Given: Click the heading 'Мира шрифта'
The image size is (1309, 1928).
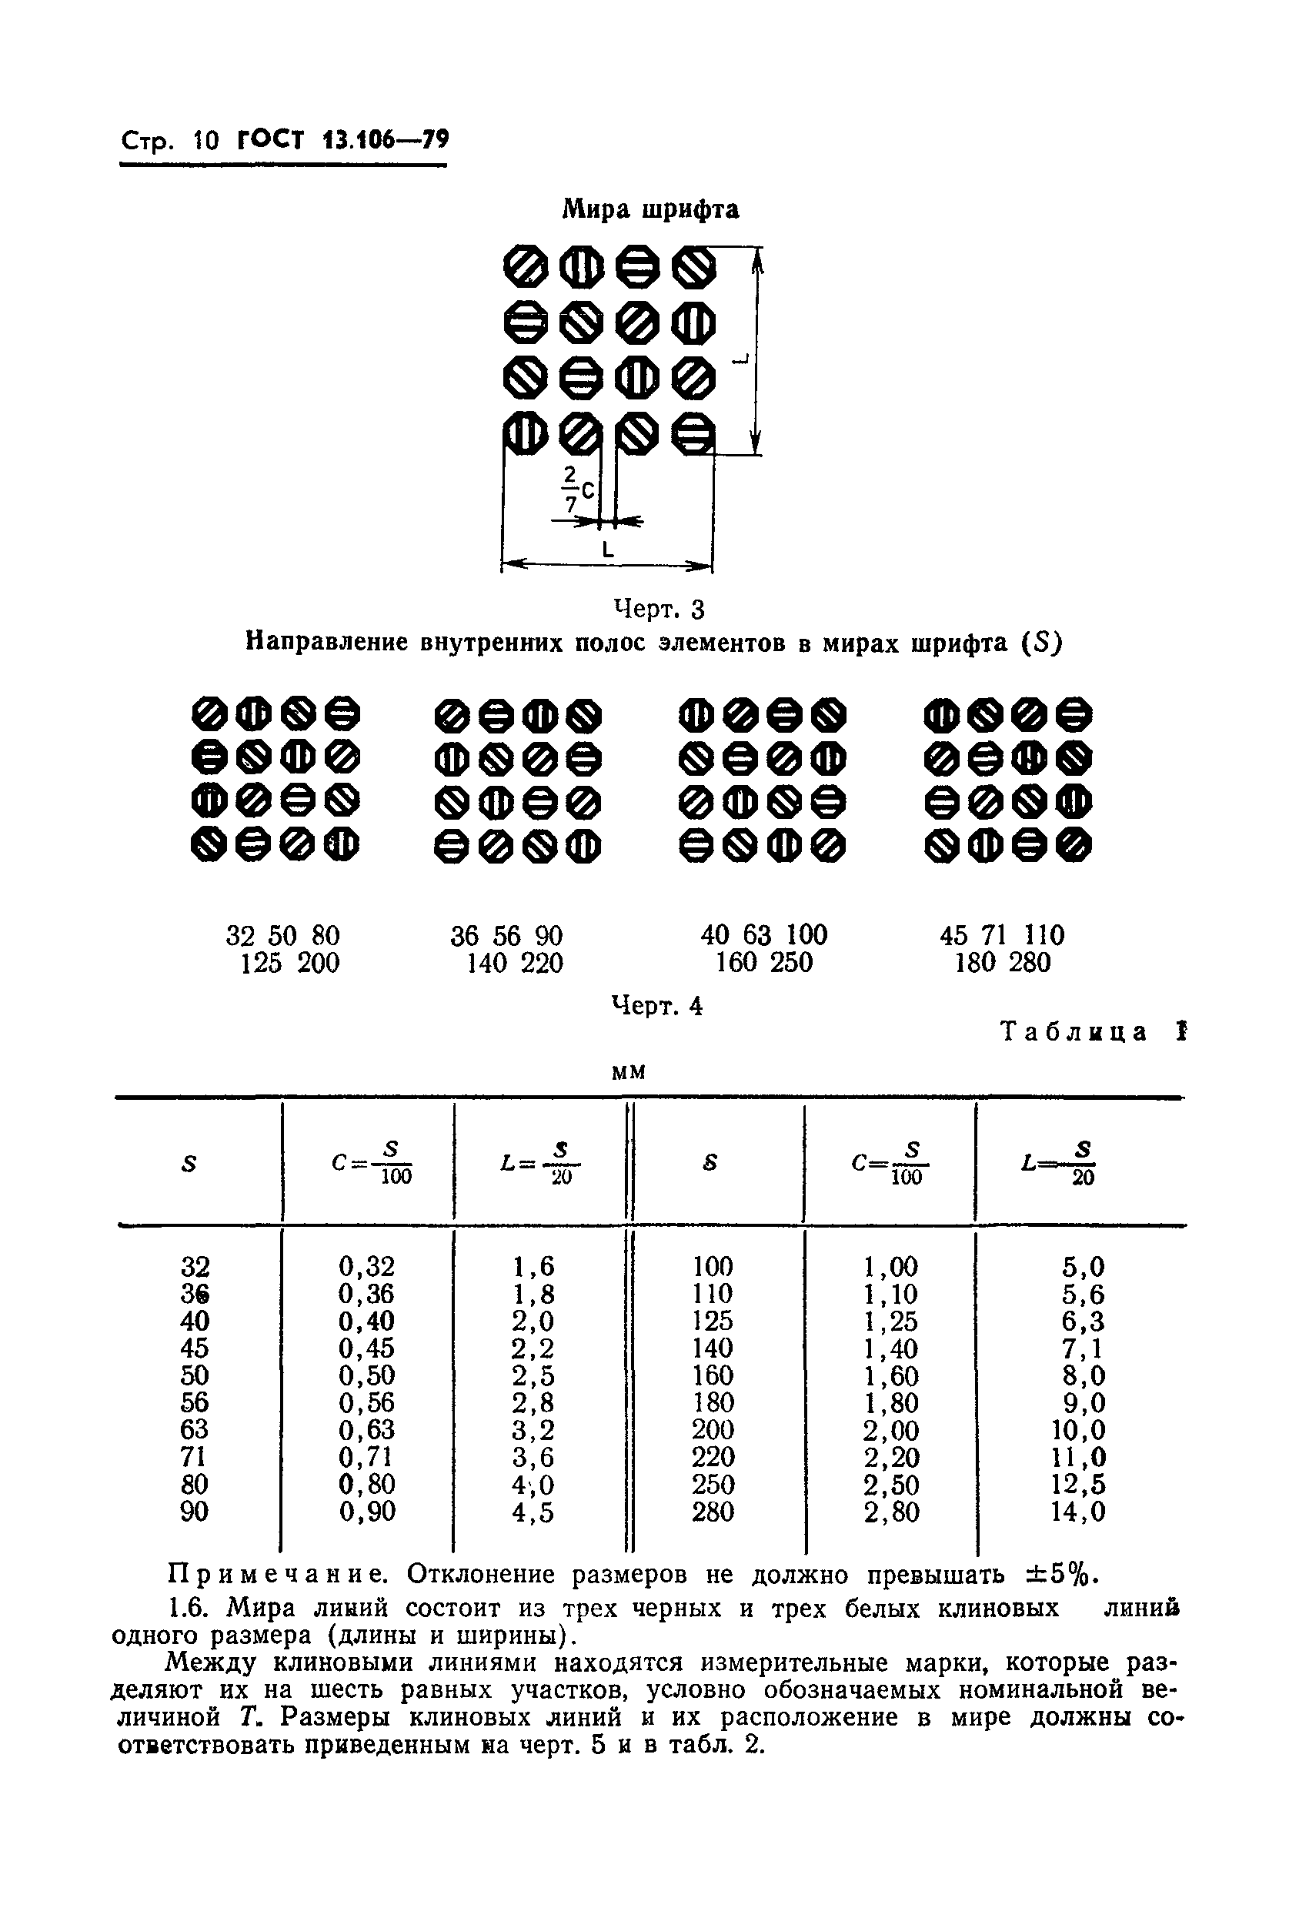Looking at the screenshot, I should (650, 209).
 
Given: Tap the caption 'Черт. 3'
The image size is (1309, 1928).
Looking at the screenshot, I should (659, 609).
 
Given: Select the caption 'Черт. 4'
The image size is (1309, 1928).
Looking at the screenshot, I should (657, 1005).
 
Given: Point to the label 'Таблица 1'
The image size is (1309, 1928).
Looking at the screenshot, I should (1094, 1032).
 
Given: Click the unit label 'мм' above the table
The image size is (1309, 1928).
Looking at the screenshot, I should (628, 1072).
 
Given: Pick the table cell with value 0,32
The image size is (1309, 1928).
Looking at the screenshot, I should (366, 1266).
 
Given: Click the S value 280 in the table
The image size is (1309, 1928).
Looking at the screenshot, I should (713, 1512).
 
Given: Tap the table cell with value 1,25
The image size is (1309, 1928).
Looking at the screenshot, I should (891, 1321).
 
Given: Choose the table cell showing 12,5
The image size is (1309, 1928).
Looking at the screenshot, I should (1078, 1484).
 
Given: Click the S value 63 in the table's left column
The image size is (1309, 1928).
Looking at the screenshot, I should (194, 1429).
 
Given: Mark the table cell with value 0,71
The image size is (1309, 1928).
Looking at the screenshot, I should (366, 1457).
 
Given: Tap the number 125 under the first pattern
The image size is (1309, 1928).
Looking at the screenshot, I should (262, 962).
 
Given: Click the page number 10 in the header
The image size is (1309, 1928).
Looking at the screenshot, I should (205, 140).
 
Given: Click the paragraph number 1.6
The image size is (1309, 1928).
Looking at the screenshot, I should (190, 1608).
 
